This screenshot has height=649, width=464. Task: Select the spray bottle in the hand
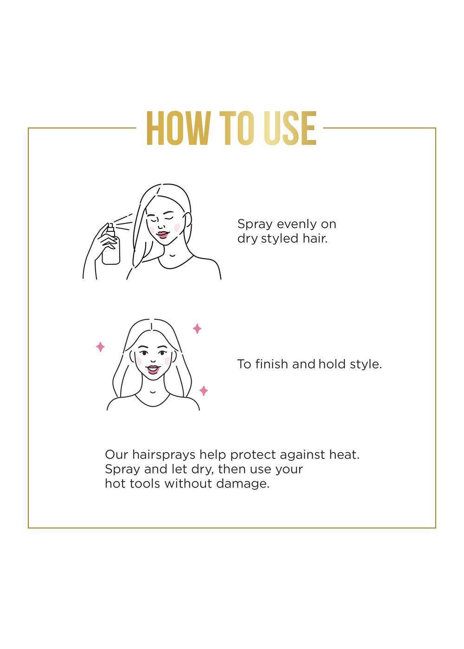pos(111,246)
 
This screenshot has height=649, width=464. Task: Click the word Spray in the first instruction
pos(255,224)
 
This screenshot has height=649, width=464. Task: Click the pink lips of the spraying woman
pos(162,235)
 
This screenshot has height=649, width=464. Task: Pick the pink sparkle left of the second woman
pos(100,347)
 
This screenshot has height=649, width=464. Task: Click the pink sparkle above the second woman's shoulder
pos(197,329)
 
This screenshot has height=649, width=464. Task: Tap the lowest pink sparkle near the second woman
pos(203,391)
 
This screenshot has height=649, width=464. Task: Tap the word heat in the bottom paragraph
pos(344,455)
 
